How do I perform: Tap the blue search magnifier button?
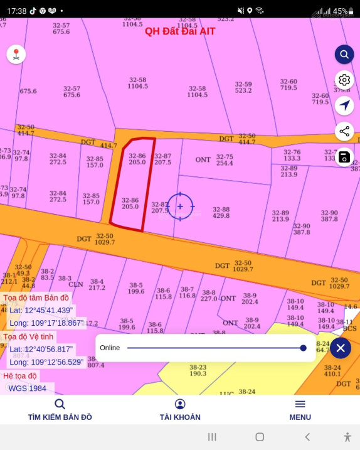tap(344, 55)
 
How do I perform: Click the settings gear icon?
tap(344, 80)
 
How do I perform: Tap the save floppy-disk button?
tap(344, 157)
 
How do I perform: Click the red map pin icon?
tap(16, 55)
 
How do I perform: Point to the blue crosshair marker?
tap(181, 206)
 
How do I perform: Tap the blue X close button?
tap(340, 348)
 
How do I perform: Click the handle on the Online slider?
tap(303, 348)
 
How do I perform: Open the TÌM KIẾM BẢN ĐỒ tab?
tap(60, 410)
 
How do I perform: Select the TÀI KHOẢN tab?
tap(180, 410)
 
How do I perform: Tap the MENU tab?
tap(300, 410)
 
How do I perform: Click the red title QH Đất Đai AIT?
tap(180, 31)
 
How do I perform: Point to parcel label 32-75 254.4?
tap(225, 160)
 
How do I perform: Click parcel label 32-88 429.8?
tap(221, 212)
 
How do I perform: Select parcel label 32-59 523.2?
tap(243, 87)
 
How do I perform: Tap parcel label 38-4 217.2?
tap(97, 285)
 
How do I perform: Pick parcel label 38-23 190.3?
tap(198, 370)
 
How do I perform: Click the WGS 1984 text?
tap(28, 388)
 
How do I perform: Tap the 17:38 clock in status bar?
tap(17, 11)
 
